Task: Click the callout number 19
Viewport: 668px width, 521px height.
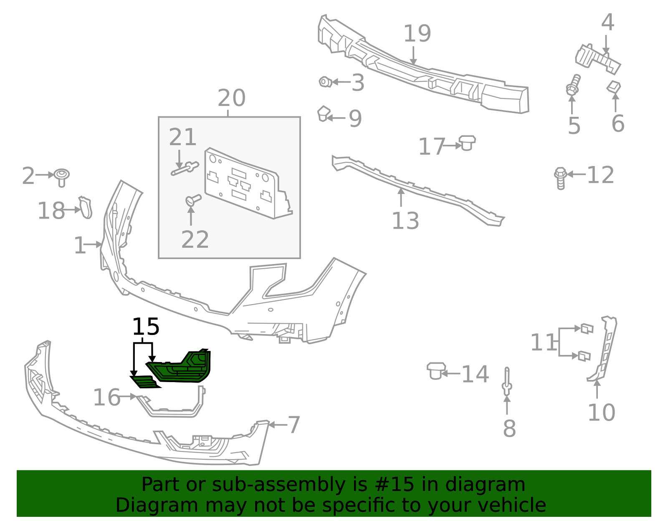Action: click(x=417, y=34)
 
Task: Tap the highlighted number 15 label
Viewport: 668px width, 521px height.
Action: click(x=146, y=327)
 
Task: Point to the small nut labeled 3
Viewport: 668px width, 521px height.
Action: click(x=324, y=82)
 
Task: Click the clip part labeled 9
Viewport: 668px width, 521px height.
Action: click(x=323, y=113)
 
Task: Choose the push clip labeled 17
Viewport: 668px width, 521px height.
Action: click(x=467, y=142)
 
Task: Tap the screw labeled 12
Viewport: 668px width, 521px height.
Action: click(x=560, y=178)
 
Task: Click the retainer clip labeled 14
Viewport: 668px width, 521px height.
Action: click(x=435, y=370)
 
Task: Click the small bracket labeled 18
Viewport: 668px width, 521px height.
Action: click(x=86, y=207)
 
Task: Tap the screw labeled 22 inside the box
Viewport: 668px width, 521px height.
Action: click(x=193, y=200)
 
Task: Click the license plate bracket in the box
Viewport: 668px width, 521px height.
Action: click(x=246, y=184)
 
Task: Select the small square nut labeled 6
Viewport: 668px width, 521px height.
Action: click(x=613, y=87)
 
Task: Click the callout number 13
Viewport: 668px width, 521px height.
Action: click(x=405, y=221)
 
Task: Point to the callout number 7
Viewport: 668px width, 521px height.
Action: click(x=294, y=425)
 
